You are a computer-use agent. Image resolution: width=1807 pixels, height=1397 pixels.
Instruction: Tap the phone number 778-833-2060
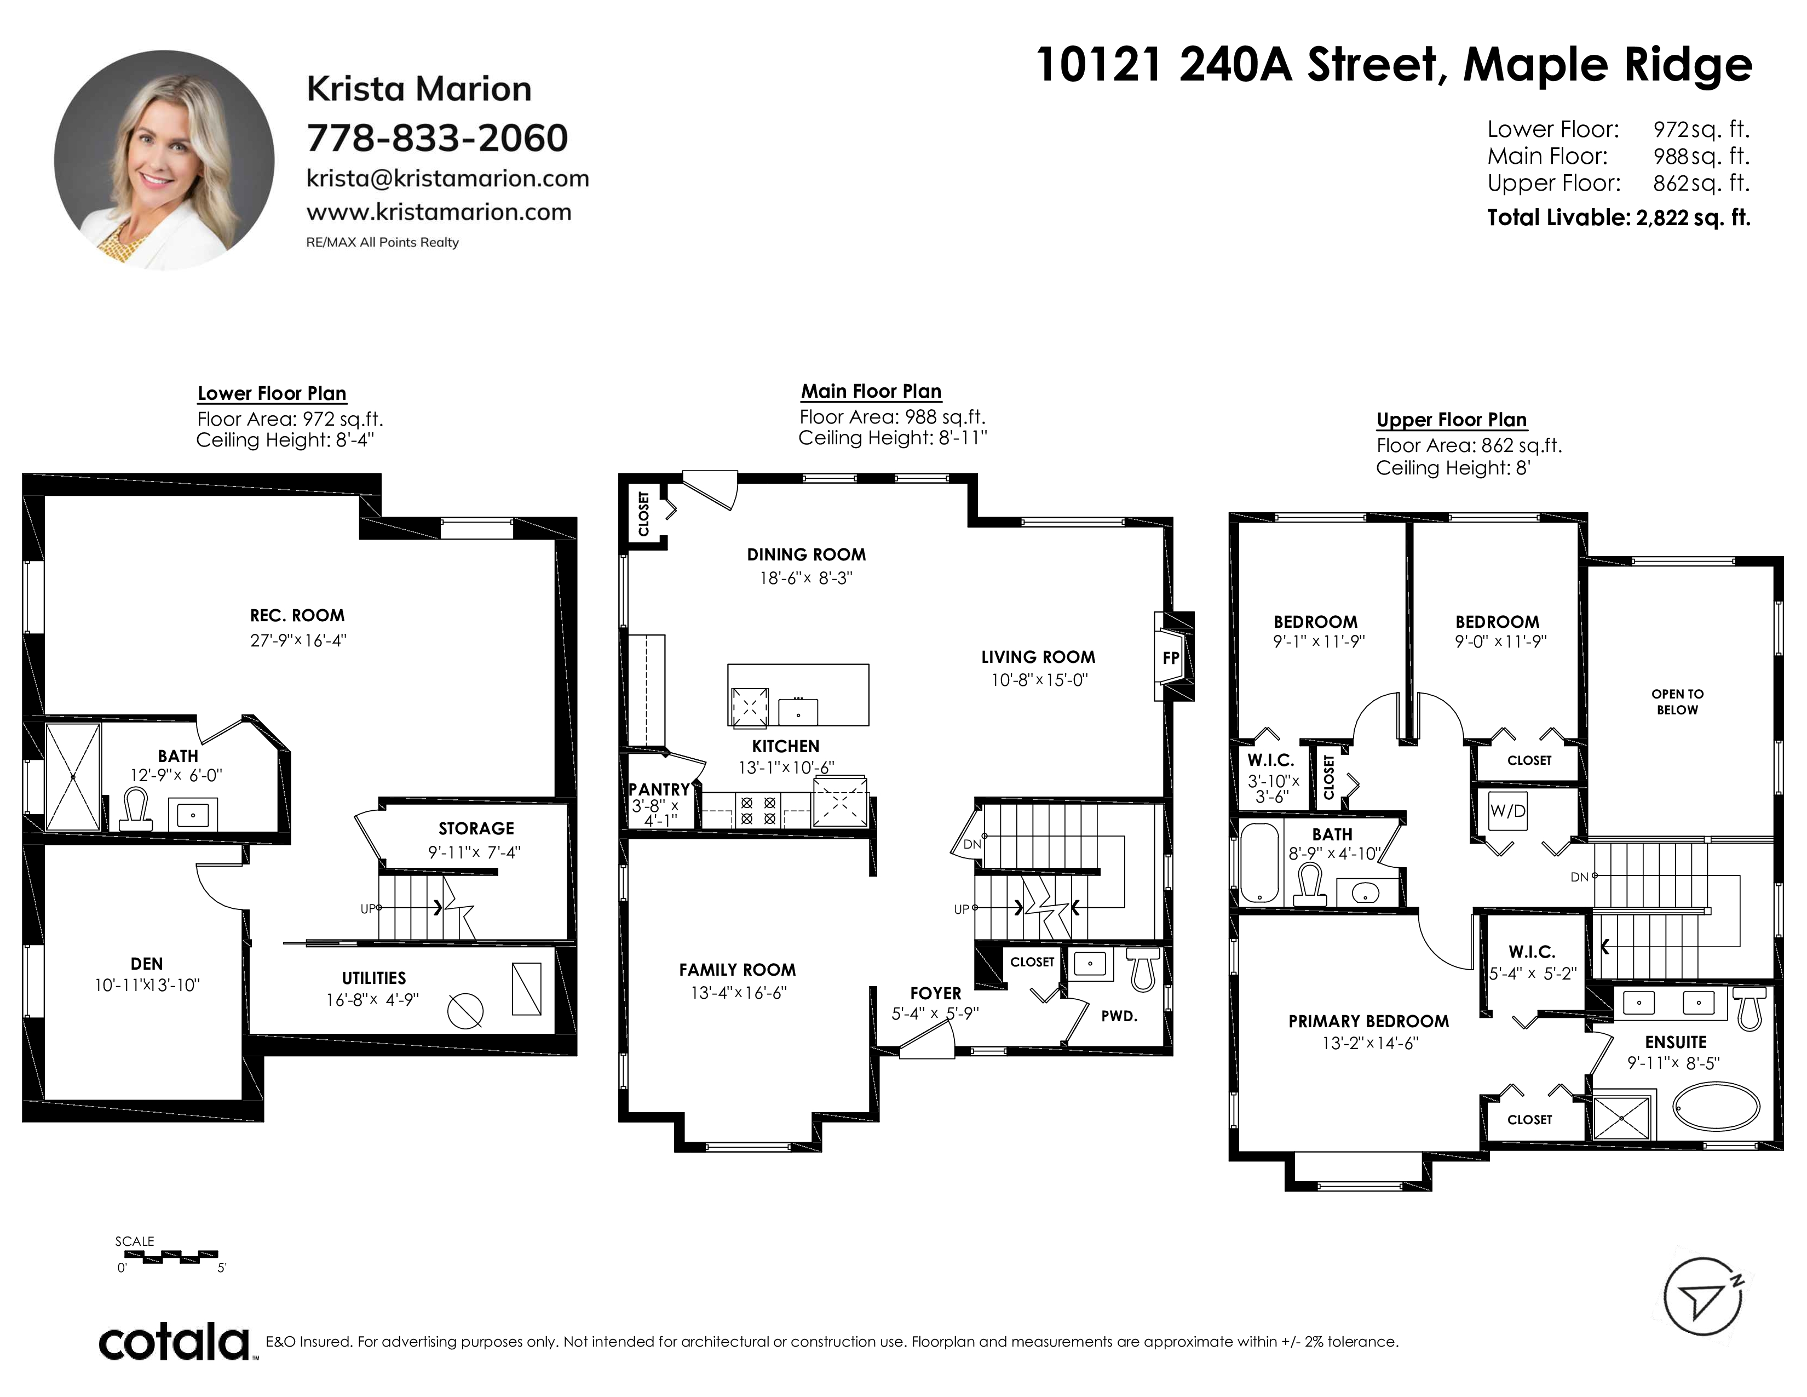click(x=438, y=138)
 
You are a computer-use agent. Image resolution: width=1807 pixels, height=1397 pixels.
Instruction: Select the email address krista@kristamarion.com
click(x=447, y=178)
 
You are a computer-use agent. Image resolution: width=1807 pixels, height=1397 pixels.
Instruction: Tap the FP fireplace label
click(x=1170, y=659)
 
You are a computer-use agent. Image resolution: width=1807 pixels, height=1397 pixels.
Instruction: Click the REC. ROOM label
click(x=297, y=616)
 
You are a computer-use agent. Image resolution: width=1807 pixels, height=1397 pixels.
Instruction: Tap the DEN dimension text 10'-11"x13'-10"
click(x=147, y=985)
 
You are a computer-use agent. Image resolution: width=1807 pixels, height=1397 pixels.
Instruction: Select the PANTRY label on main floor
click(x=659, y=789)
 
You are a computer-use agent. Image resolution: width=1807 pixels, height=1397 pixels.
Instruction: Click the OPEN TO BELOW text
click(x=1677, y=702)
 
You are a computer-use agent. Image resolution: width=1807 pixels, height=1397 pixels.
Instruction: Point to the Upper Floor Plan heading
click(x=1451, y=420)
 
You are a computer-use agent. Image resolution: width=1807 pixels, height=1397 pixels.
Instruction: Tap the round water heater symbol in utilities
click(x=465, y=1010)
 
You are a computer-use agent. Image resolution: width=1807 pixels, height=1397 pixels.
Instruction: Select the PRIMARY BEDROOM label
click(x=1368, y=1021)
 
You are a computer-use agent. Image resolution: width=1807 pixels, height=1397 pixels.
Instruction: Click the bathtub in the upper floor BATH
click(x=1259, y=862)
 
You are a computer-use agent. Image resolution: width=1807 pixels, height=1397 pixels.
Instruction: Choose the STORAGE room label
click(x=476, y=828)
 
